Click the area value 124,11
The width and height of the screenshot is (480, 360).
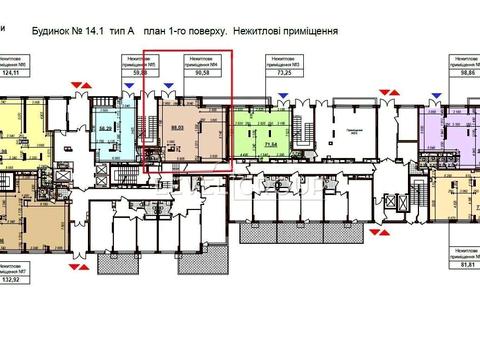pos(13,73)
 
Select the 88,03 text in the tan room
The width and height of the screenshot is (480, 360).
pos(177,128)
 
